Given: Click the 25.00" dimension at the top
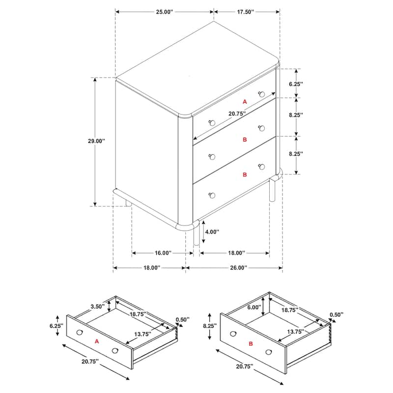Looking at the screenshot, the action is pyautogui.click(x=165, y=12).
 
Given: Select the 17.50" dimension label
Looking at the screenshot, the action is pyautogui.click(x=246, y=12).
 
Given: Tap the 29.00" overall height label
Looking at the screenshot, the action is pyautogui.click(x=96, y=141).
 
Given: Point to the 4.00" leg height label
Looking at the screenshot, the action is pyautogui.click(x=212, y=232).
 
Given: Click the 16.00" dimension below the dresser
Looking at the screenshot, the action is pyautogui.click(x=163, y=253).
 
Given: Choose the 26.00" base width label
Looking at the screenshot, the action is pyautogui.click(x=239, y=268).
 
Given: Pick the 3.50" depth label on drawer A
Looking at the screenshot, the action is pyautogui.click(x=97, y=306).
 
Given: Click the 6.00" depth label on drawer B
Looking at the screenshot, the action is pyautogui.click(x=254, y=308).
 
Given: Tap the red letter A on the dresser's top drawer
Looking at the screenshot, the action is pyautogui.click(x=245, y=102).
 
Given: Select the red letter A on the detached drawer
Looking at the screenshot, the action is pyautogui.click(x=97, y=341).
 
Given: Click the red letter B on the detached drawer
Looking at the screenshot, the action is pyautogui.click(x=251, y=344).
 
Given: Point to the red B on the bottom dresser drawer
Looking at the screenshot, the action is pyautogui.click(x=245, y=175).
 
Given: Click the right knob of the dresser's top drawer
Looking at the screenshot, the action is pyautogui.click(x=262, y=94).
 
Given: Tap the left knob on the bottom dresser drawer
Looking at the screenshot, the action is pyautogui.click(x=212, y=195).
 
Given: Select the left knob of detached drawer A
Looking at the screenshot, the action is pyautogui.click(x=79, y=333).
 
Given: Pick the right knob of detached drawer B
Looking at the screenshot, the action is pyautogui.click(x=268, y=352).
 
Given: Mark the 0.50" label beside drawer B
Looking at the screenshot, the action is pyautogui.click(x=337, y=314).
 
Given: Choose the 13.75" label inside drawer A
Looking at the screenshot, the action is pyautogui.click(x=142, y=334).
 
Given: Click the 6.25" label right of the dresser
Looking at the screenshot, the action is pyautogui.click(x=296, y=84).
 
